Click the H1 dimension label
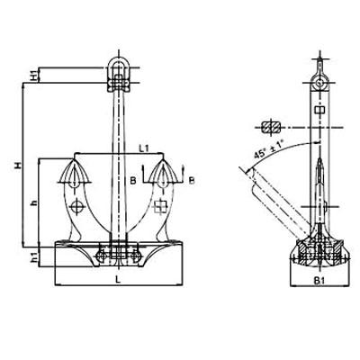(35, 75)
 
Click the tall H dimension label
(19, 165)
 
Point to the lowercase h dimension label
(35, 203)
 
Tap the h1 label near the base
(35, 256)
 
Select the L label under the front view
(118, 280)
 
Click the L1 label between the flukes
(144, 148)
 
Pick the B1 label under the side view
(319, 281)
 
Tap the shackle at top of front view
(119, 74)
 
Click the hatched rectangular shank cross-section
(271, 127)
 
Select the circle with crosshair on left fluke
(76, 206)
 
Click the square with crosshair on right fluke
(160, 206)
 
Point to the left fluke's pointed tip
(74, 159)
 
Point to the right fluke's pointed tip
(163, 159)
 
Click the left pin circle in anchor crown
(101, 256)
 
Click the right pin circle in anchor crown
(136, 256)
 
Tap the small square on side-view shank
(319, 110)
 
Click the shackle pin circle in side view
(320, 83)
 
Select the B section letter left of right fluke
(133, 181)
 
